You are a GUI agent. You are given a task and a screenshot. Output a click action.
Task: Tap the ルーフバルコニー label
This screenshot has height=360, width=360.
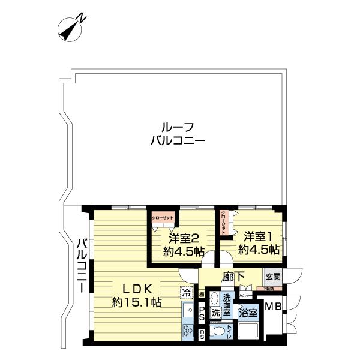pyautogui.click(x=178, y=134)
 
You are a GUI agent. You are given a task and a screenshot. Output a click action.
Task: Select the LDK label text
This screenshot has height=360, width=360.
pyautogui.click(x=136, y=287)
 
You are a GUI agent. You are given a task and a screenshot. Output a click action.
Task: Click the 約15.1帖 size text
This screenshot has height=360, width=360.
pyautogui.click(x=136, y=302)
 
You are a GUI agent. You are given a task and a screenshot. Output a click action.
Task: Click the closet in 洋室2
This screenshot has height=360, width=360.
pyautogui.click(x=162, y=219)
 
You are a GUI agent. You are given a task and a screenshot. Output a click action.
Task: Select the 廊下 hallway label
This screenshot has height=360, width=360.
pyautogui.click(x=232, y=277)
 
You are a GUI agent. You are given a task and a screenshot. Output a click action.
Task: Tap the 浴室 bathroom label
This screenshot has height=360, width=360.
pyautogui.click(x=248, y=313)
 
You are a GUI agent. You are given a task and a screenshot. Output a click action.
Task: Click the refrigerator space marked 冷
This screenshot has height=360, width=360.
pyautogui.click(x=187, y=294)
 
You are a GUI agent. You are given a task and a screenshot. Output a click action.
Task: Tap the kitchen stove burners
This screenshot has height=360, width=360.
pyautogui.click(x=188, y=331)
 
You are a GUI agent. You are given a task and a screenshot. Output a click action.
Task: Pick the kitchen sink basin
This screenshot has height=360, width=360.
pyautogui.click(x=187, y=311)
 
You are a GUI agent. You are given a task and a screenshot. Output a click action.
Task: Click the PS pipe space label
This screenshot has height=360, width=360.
pyautogui.click(x=202, y=312)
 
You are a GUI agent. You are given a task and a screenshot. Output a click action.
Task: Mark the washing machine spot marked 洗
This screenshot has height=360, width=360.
pyautogui.click(x=215, y=313)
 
